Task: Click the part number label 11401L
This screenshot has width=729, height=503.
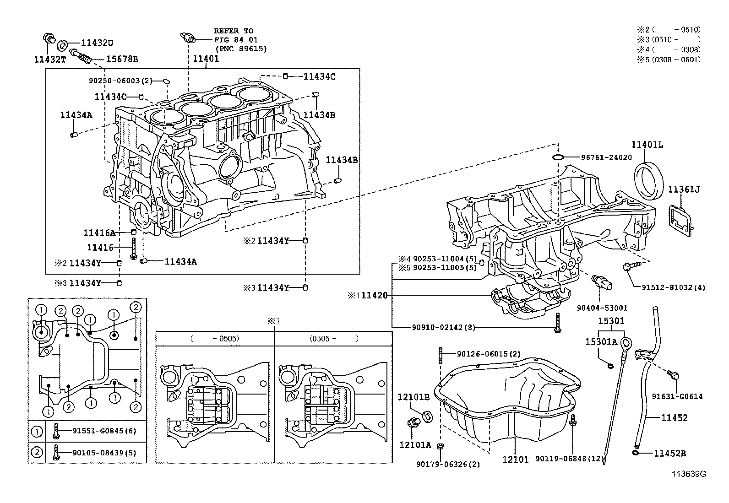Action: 647,145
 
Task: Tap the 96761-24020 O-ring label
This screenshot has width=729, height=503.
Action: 606,157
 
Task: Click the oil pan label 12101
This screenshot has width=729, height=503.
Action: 515,459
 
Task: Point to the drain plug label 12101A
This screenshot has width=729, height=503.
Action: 415,444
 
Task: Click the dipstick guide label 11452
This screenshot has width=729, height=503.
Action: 674,417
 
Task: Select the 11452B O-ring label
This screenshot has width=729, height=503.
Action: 669,454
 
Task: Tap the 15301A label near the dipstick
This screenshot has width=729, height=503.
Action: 601,341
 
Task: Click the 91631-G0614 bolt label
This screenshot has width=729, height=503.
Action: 677,397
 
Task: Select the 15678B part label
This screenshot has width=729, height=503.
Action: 122,59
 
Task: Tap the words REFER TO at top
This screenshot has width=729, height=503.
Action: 234,31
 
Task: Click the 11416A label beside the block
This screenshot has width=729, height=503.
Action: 99,233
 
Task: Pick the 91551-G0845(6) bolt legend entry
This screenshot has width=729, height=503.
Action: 104,431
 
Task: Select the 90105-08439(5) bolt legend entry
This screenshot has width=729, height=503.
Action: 104,453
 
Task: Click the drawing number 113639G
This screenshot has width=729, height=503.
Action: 689,474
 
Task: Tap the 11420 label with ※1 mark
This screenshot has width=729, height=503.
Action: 374,296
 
